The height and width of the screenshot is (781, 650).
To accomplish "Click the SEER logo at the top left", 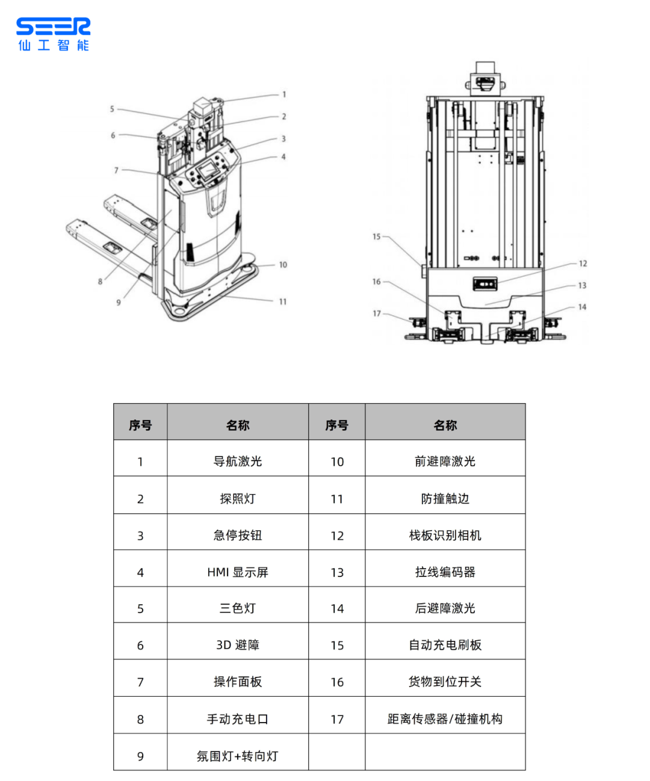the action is coord(53,34).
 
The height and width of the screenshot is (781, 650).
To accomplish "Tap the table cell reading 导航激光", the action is coord(238,461).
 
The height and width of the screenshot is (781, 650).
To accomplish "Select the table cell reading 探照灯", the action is coord(238,498).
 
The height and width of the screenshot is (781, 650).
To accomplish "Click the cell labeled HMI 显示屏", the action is coord(238,572).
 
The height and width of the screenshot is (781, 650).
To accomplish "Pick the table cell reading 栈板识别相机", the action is coord(445,536).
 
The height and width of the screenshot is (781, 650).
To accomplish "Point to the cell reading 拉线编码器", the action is coord(445,572).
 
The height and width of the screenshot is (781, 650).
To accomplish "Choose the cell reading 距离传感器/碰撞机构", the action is coord(445,718).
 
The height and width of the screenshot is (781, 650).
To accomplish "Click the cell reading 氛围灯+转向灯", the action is coord(238,756).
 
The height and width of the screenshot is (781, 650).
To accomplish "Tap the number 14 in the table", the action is coord(337,608).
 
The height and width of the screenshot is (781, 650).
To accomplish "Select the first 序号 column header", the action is coord(140,425).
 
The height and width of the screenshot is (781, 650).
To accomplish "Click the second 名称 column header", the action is coord(445,425).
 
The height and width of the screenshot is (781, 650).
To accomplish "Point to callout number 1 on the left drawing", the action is coord(284,94).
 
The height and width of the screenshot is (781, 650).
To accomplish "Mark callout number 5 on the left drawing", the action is coord(112,109).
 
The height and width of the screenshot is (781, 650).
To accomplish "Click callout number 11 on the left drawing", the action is coord(282,301).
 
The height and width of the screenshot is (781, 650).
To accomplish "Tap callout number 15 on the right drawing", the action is coord(376,236).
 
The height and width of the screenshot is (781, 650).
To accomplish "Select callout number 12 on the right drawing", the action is coord(583,264).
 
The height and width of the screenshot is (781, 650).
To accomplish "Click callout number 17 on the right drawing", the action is coord(376,313).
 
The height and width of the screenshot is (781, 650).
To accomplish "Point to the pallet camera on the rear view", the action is coord(485,283).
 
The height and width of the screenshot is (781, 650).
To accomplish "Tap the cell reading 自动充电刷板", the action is coord(445,645).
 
